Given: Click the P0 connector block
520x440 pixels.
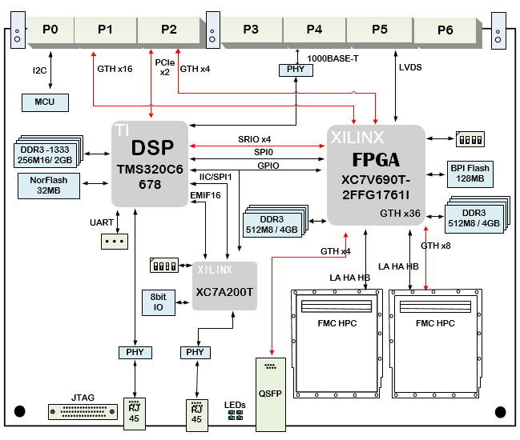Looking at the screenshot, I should coord(50,30).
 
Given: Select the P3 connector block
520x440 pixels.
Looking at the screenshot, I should coord(250,30).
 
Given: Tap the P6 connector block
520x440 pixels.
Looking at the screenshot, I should coord(445,30).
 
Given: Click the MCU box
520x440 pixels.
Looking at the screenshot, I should coord(45,102).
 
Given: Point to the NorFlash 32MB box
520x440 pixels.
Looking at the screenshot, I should coord(48,186).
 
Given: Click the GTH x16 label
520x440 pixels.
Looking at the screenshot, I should coord(115,69).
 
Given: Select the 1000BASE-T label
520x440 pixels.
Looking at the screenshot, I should coord(333,58).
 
